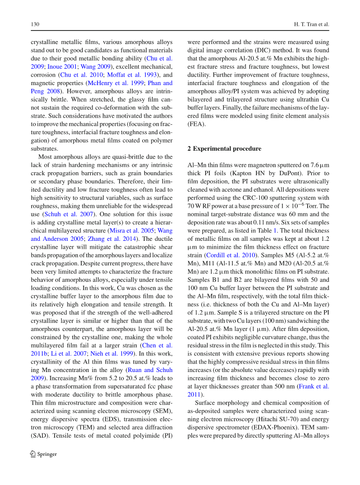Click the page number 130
click(35, 24)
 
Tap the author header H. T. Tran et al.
click(311, 24)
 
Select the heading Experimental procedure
click(227, 149)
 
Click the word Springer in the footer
click(47, 454)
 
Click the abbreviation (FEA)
click(196, 124)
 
